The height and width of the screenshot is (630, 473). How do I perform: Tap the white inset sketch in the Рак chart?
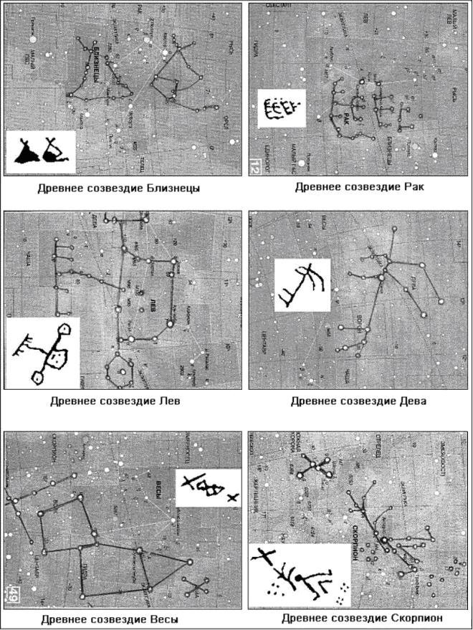(281, 109)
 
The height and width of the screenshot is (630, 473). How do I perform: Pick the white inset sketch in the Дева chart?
(302, 285)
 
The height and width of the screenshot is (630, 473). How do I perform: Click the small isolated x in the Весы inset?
(231, 497)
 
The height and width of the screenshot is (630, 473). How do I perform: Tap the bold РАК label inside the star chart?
(345, 115)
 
